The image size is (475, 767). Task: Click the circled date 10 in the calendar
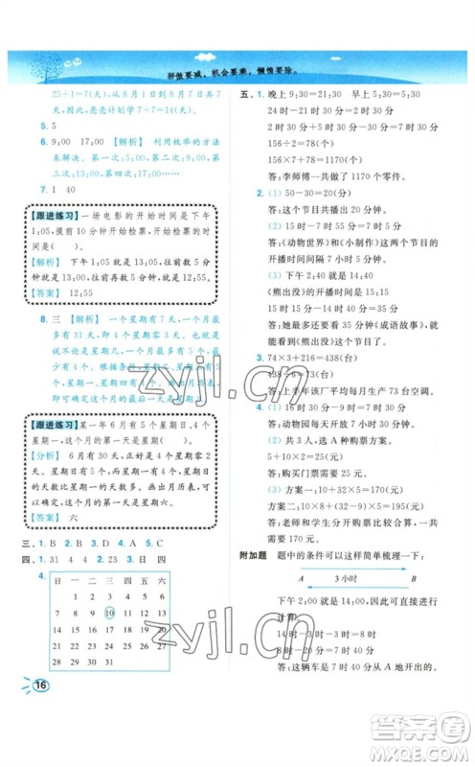tap(109, 613)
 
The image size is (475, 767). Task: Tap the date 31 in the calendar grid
tap(109, 662)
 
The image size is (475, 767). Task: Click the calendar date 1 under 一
tap(83, 596)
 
